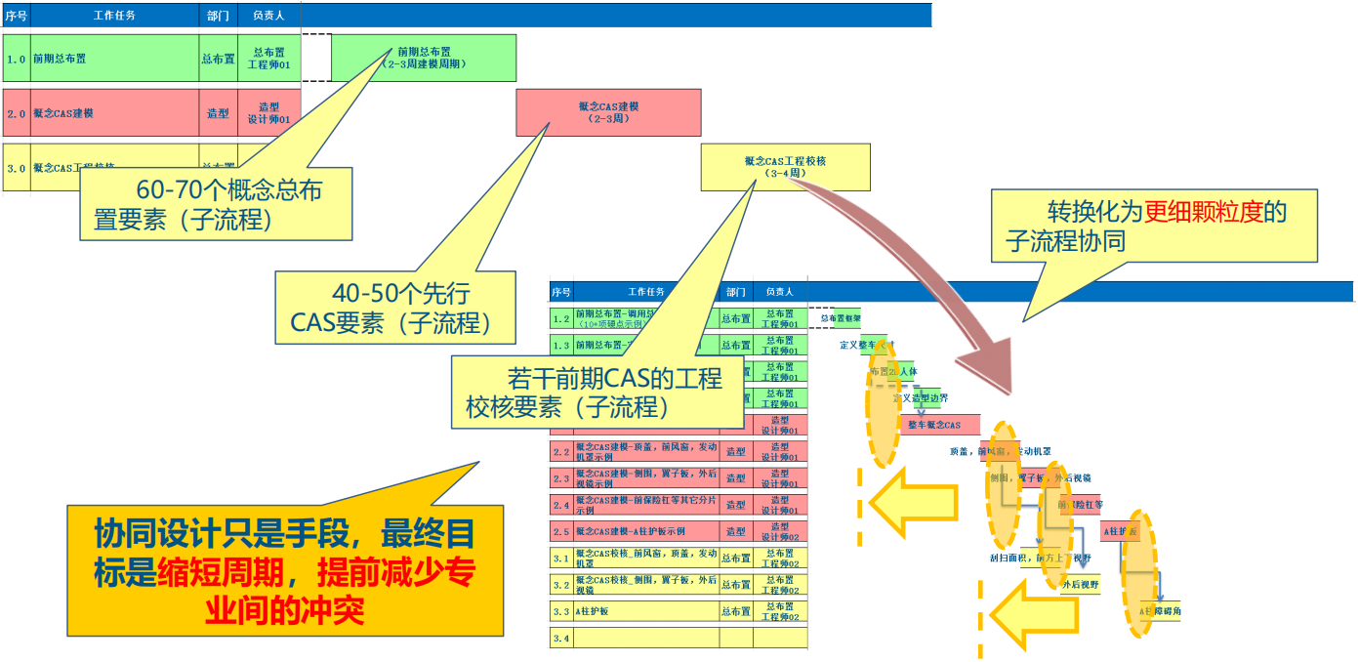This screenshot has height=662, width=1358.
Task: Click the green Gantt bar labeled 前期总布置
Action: [x=424, y=58]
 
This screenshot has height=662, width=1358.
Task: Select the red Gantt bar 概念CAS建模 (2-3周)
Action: [x=608, y=112]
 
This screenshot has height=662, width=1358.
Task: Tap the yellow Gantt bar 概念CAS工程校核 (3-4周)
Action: [x=785, y=167]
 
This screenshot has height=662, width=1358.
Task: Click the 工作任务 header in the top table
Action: [x=114, y=16]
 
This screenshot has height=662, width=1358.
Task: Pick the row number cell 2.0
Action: [x=17, y=113]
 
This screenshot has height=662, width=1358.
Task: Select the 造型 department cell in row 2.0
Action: [x=218, y=113]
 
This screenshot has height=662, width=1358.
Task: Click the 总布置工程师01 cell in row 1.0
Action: [x=268, y=59]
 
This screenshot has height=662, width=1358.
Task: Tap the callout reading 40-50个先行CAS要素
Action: [x=395, y=308]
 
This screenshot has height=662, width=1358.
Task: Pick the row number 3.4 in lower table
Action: [x=560, y=639]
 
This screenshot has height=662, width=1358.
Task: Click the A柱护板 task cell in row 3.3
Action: [x=645, y=612]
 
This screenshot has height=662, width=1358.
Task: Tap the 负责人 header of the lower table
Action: [x=779, y=291]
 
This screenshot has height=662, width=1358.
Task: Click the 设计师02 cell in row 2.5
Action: [x=779, y=532]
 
